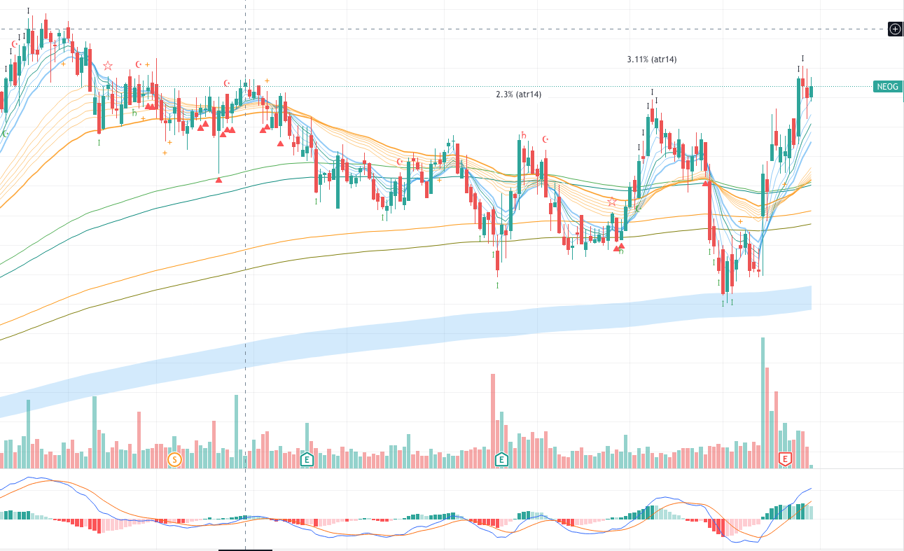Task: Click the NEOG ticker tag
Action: click(886, 87)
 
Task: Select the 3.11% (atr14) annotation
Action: click(651, 60)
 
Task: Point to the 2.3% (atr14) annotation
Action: click(518, 95)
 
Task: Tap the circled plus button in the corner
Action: click(895, 29)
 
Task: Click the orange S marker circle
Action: click(175, 459)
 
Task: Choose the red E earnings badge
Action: click(786, 459)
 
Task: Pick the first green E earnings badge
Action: click(307, 459)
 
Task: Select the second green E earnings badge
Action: click(501, 459)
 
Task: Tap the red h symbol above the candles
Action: click(523, 136)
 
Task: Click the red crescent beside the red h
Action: click(545, 139)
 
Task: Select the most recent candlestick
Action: click(812, 92)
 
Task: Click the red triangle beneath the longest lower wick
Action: click(218, 180)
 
